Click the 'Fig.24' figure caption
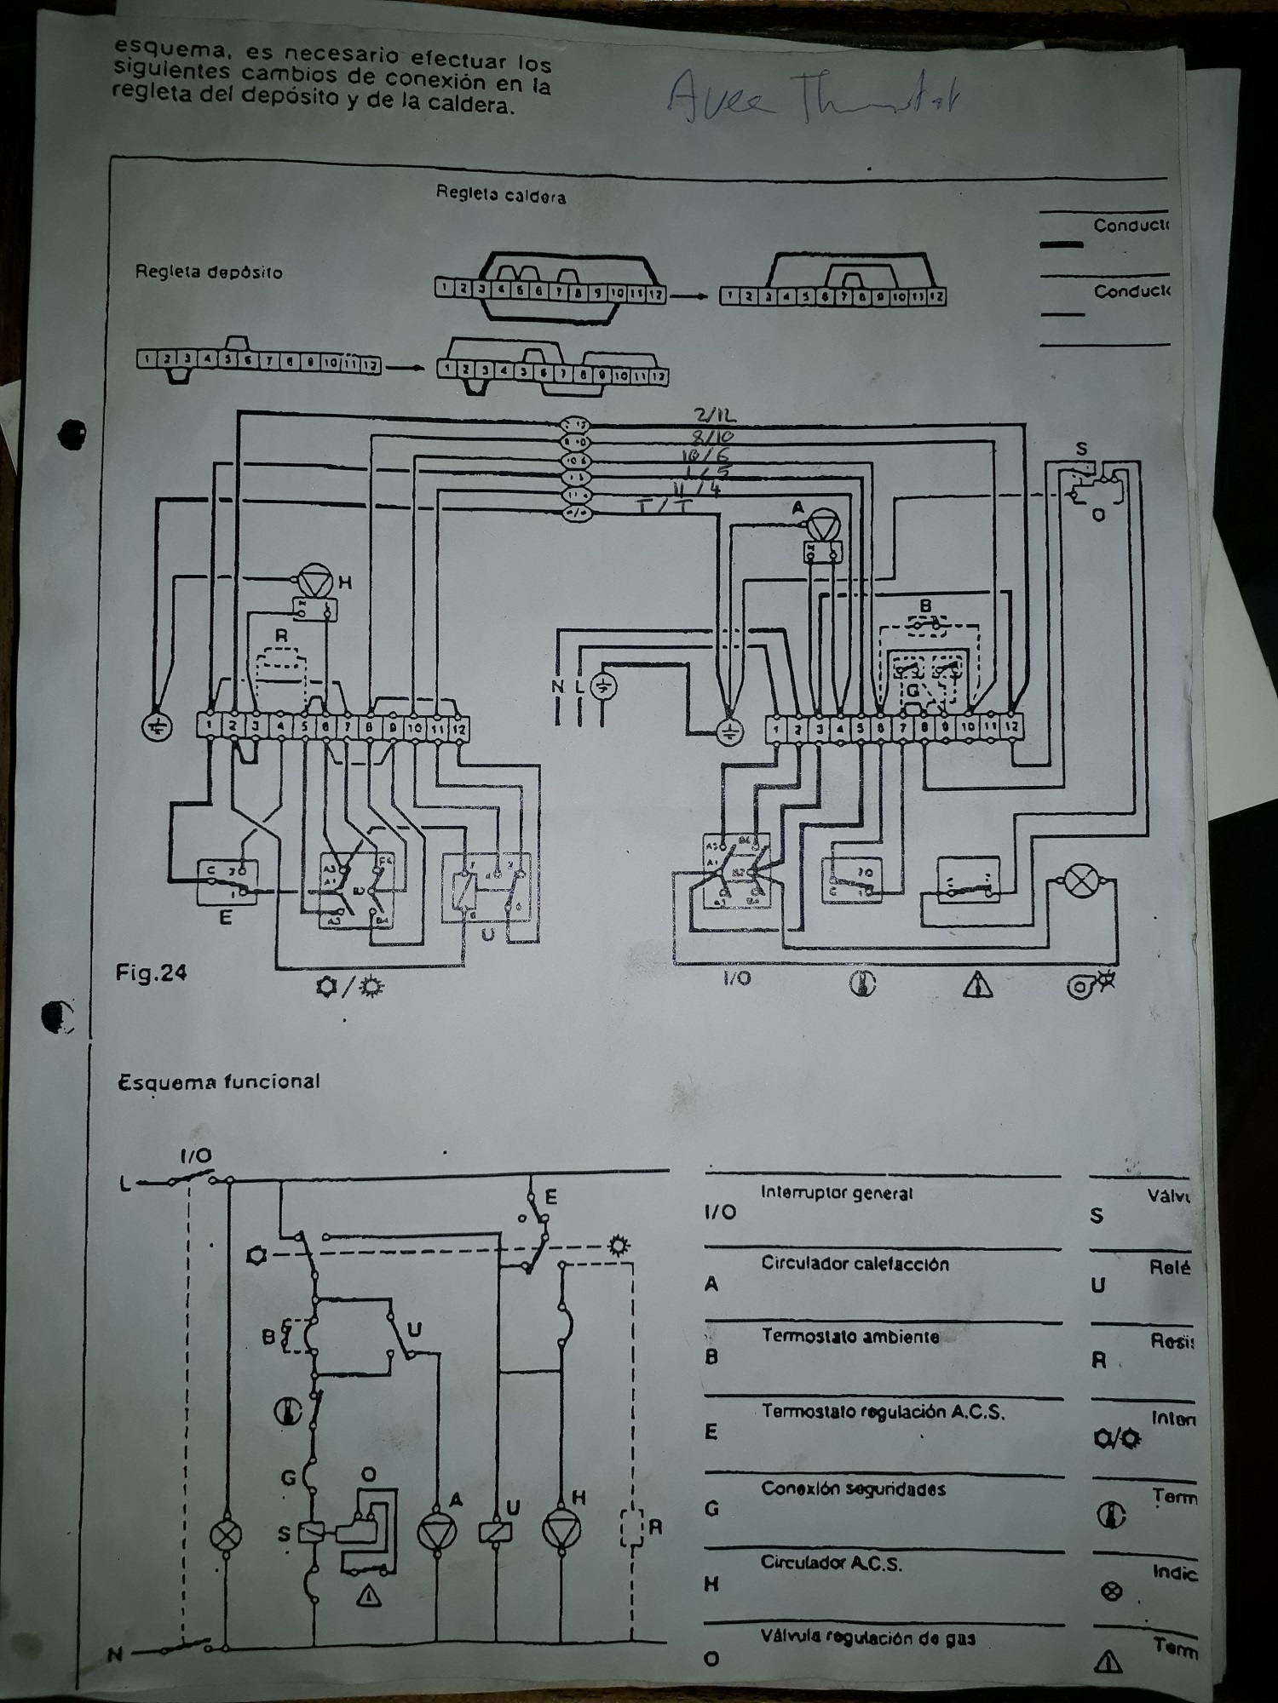click(151, 972)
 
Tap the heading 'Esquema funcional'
click(219, 1082)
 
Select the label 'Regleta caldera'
click(500, 195)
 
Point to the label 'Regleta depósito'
click(208, 272)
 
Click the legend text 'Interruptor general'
click(836, 1193)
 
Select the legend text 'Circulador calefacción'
click(855, 1264)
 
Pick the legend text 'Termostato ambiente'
click(850, 1336)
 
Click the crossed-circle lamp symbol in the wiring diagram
click(1082, 880)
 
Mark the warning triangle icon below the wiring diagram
click(977, 985)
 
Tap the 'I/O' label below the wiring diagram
click(736, 978)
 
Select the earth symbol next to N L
click(604, 686)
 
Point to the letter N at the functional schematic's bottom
click(114, 1655)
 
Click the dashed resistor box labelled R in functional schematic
click(632, 1528)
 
